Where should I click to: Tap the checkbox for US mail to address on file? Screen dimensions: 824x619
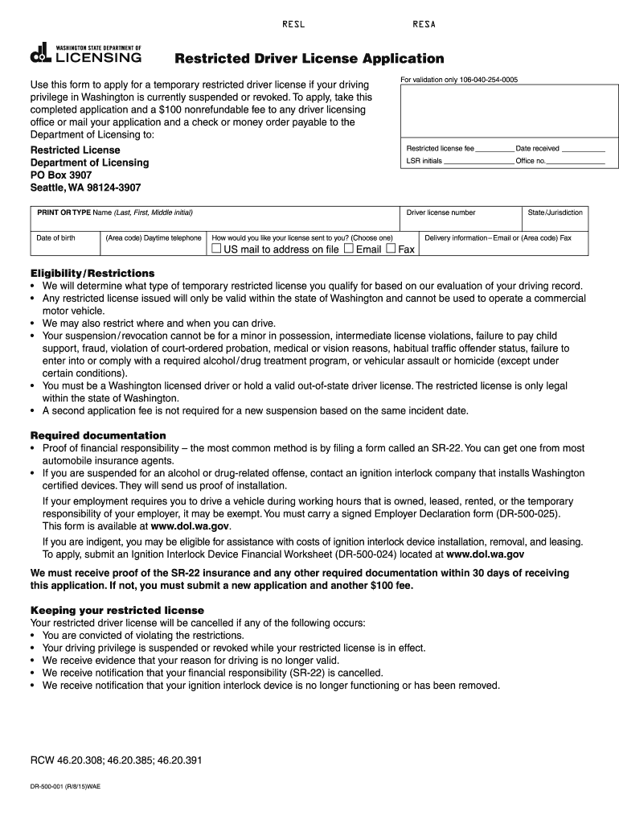pos(216,249)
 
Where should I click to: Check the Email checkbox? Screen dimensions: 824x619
pos(348,249)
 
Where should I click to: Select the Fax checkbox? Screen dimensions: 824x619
pos(391,249)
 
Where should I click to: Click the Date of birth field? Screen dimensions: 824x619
pos(64,247)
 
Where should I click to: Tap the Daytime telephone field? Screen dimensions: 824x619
pos(152,247)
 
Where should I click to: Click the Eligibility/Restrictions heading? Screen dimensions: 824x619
pos(92,273)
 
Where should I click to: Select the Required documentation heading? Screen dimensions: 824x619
pos(98,435)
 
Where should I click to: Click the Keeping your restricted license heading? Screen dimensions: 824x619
pos(117,610)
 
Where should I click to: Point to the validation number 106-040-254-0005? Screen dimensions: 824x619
pos(489,80)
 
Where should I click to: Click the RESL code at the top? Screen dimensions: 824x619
pos(293,24)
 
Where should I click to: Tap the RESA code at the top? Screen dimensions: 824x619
pos(424,24)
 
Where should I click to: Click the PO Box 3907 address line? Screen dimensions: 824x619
pos(61,175)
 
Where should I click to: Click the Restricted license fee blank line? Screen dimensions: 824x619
pos(494,149)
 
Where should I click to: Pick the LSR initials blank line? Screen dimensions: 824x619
pos(478,161)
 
